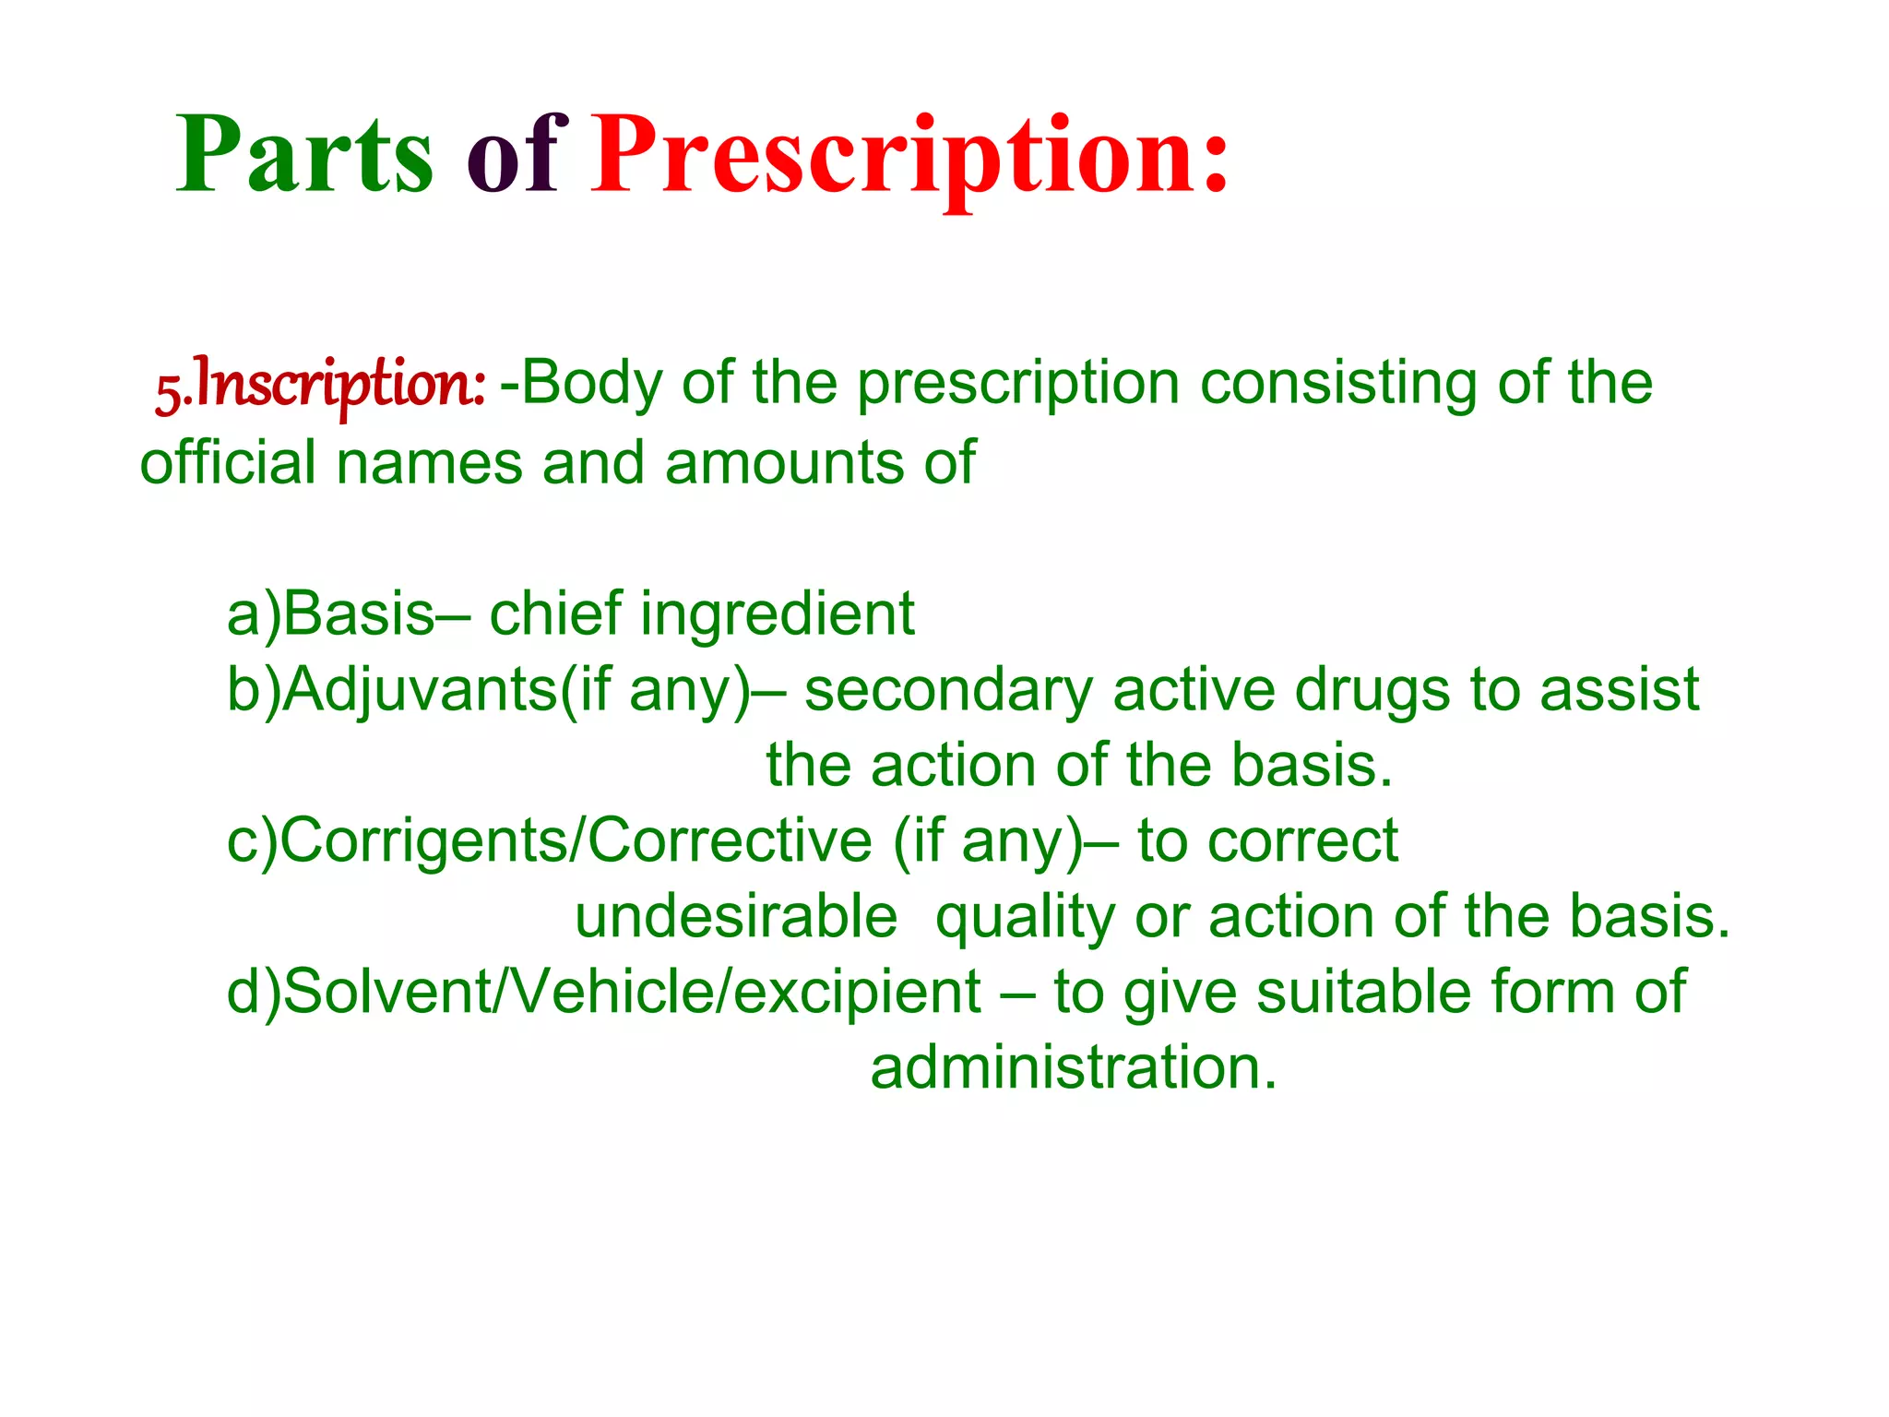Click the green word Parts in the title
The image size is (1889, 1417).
pyautogui.click(x=304, y=154)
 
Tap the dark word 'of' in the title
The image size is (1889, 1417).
pyautogui.click(x=513, y=154)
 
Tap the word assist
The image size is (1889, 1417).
pyautogui.click(x=1619, y=690)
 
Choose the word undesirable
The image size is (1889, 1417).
pyautogui.click(x=736, y=917)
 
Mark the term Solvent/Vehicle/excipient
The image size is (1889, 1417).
pyautogui.click(x=632, y=993)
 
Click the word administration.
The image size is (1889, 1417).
pyautogui.click(x=1074, y=1068)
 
